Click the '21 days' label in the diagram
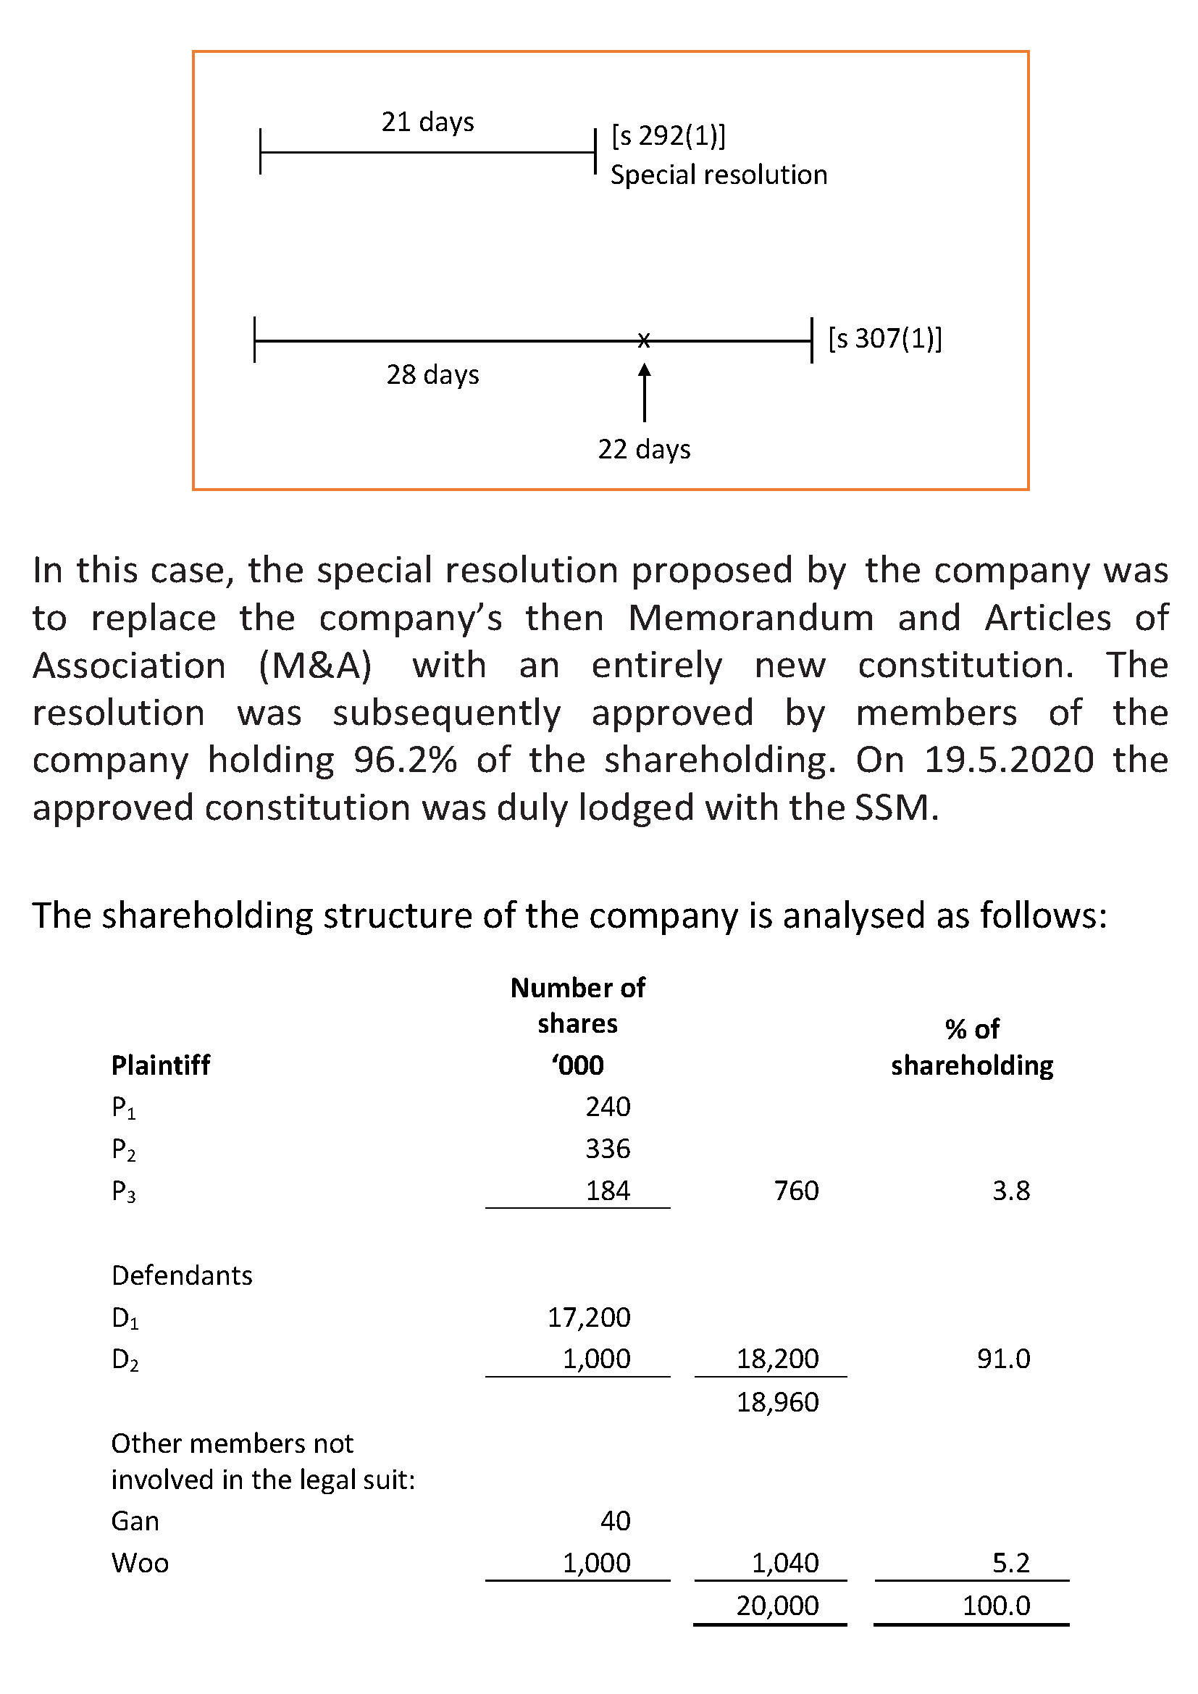(427, 122)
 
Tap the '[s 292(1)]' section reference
(668, 135)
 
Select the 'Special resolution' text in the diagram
(719, 175)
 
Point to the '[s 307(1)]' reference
(884, 339)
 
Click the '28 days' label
(432, 375)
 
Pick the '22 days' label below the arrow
(644, 449)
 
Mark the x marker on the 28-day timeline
(644, 341)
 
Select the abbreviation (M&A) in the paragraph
(315, 666)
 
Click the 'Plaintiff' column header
(161, 1065)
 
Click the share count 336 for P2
(608, 1149)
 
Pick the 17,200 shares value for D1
(589, 1317)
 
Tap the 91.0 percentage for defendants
(1003, 1358)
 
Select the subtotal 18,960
(777, 1402)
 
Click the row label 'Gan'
(135, 1521)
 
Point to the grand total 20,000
(777, 1605)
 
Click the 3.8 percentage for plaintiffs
(1010, 1190)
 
